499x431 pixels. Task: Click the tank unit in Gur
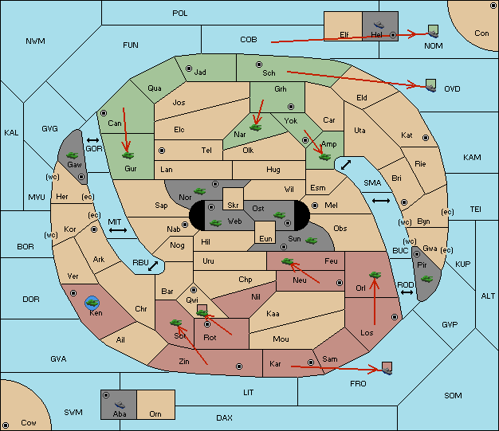pos(128,155)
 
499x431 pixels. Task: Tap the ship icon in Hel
pos(379,25)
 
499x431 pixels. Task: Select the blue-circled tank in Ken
pos(92,303)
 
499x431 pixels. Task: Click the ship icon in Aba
pos(120,405)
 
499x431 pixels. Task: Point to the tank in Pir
pos(426,279)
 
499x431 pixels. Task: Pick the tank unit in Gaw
pos(73,155)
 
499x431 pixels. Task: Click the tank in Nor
pos(199,191)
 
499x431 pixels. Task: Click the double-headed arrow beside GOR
pos(93,140)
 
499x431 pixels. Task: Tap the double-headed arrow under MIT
pos(118,230)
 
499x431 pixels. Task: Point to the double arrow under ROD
pos(407,292)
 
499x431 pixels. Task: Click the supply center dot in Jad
pos(189,69)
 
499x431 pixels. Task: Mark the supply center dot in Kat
pos(426,138)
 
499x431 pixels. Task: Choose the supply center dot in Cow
pos(6,425)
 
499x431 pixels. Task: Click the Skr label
pos(233,206)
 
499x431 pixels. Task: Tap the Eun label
pos(265,238)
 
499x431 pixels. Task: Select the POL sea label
pos(180,14)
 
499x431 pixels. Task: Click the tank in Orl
pos(375,275)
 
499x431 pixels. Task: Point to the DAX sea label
pos(224,417)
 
